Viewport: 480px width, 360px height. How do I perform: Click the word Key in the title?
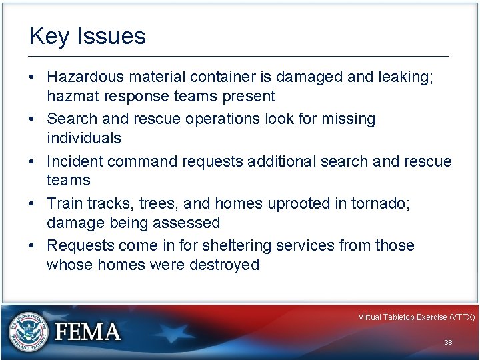pyautogui.click(x=45, y=36)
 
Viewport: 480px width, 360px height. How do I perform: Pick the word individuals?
pyautogui.click(x=84, y=138)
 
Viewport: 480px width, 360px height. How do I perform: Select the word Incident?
pyautogui.click(x=75, y=161)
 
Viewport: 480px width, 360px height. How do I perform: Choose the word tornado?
pyautogui.click(x=385, y=203)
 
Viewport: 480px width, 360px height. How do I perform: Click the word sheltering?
pyautogui.click(x=231, y=245)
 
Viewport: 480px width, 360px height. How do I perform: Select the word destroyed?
pyautogui.click(x=224, y=265)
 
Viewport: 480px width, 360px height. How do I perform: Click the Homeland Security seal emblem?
pyautogui.click(x=29, y=331)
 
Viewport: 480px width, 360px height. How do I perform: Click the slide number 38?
pyautogui.click(x=448, y=342)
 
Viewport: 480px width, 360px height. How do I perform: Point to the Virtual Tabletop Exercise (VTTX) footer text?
pyautogui.click(x=416, y=317)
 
